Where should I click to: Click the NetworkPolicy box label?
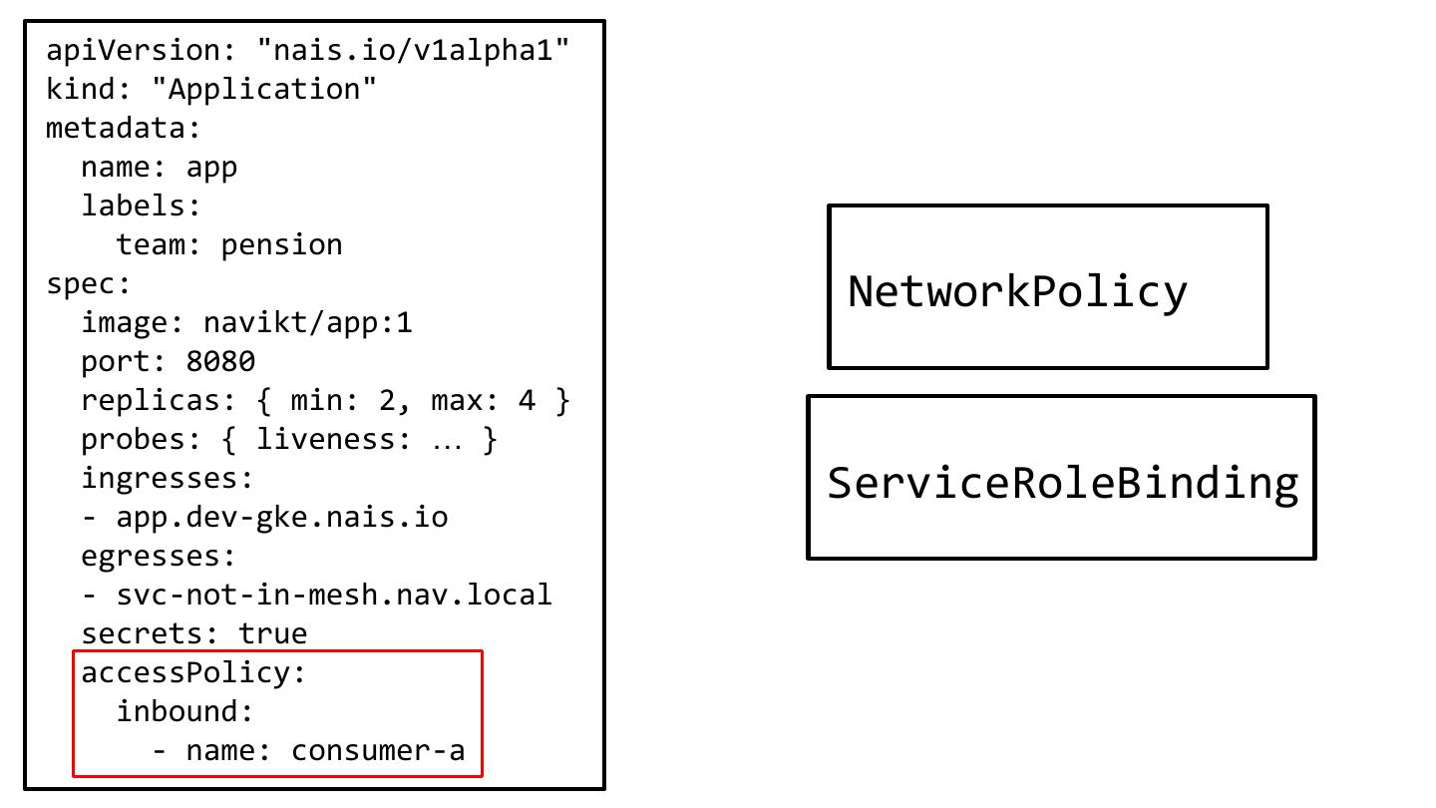(x=1017, y=291)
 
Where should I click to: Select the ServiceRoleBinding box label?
(x=1062, y=483)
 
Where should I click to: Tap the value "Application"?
(x=264, y=89)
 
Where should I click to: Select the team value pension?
(x=281, y=244)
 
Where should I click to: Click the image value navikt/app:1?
(x=307, y=322)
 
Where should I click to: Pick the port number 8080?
(x=220, y=361)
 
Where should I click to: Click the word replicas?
(x=150, y=400)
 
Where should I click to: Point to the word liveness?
(x=333, y=439)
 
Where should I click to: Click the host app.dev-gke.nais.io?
(x=282, y=517)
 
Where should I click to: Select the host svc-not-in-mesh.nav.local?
(x=334, y=595)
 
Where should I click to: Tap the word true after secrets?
(x=272, y=633)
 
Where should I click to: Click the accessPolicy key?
(x=185, y=672)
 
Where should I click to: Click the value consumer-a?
(x=378, y=750)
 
